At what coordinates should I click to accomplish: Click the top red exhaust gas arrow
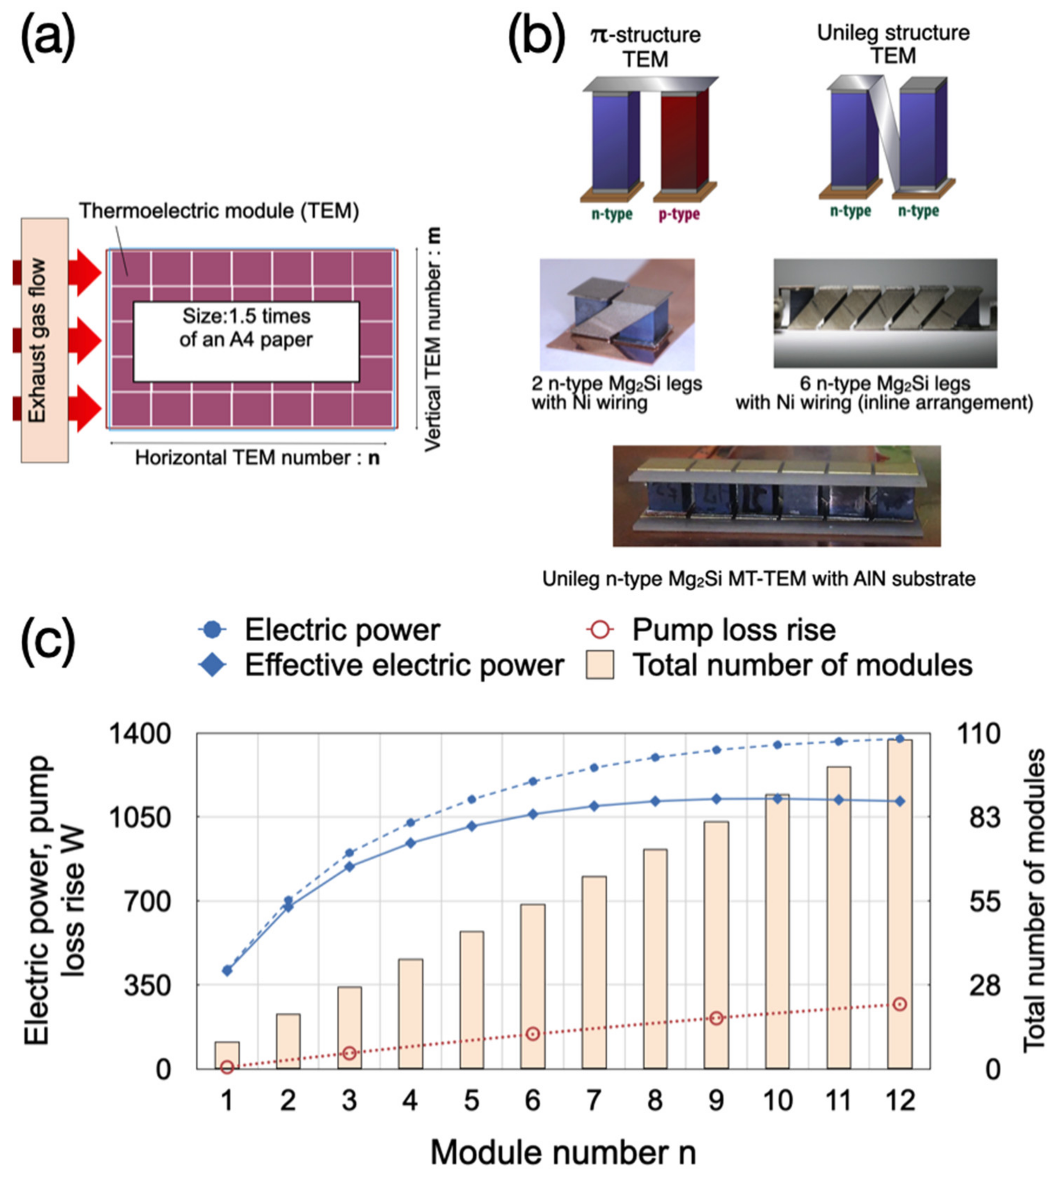tap(85, 272)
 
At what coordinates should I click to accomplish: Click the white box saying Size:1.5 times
tap(246, 341)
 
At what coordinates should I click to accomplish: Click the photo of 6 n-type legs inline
tap(885, 313)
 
